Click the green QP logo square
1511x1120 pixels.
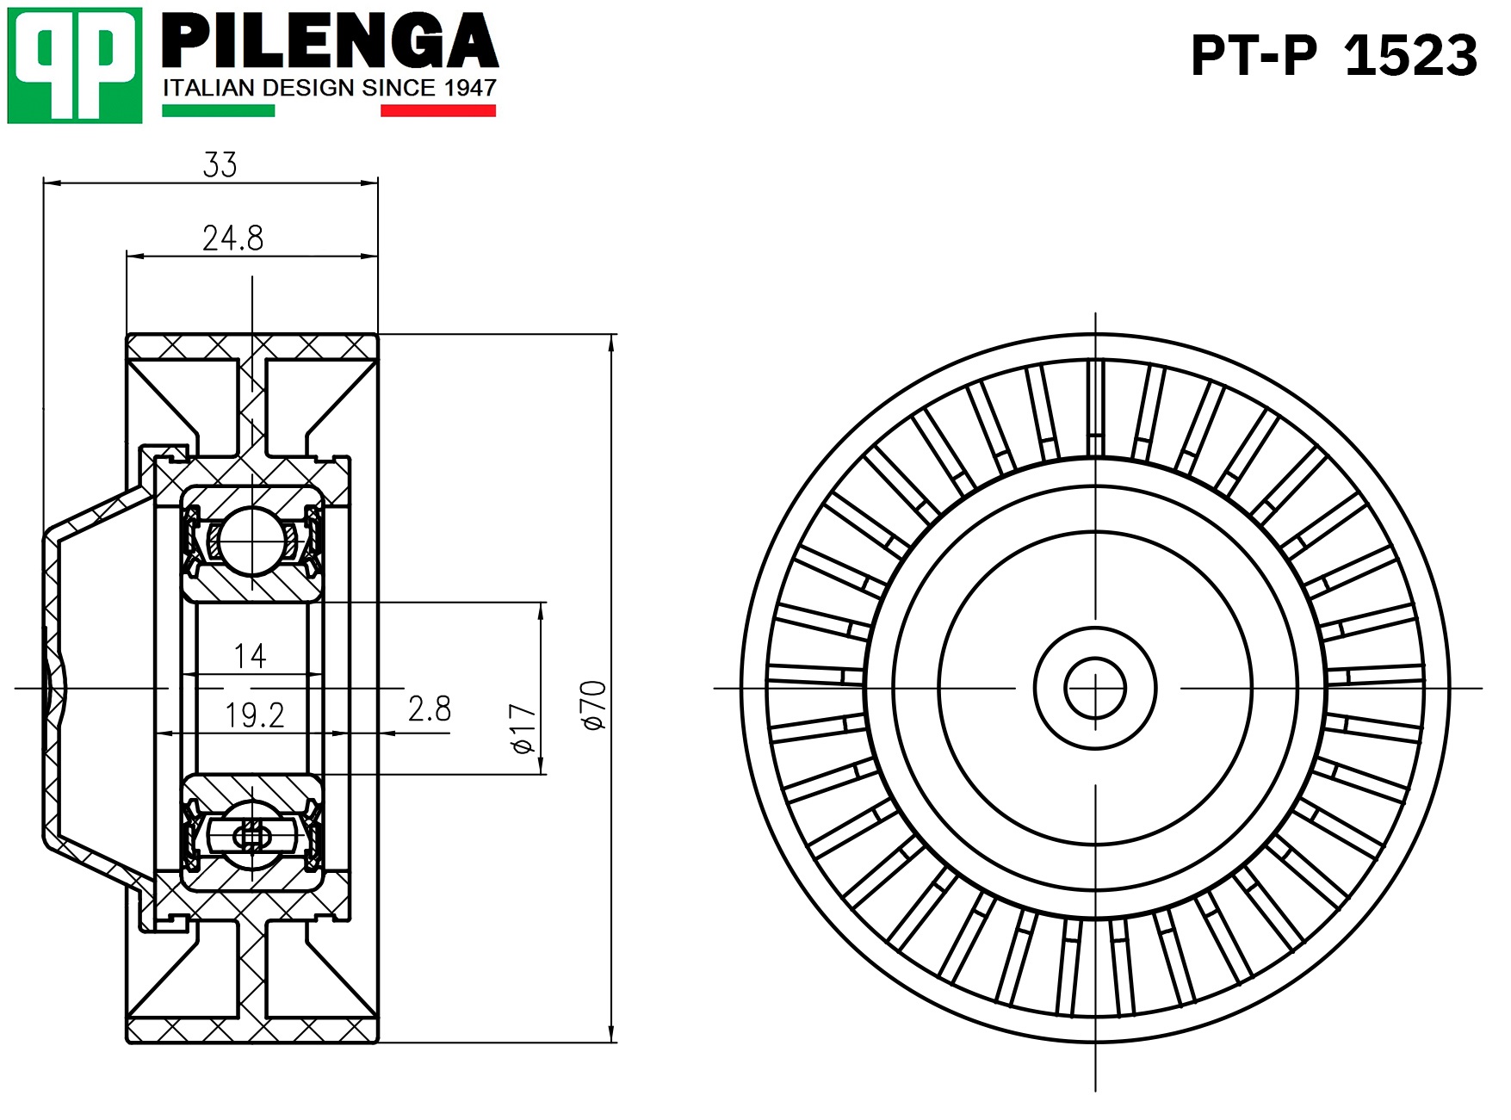point(75,65)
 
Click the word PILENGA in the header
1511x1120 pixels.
point(330,40)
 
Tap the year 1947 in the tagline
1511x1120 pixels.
point(470,88)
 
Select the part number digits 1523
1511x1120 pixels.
point(1411,56)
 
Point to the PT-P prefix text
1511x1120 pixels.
point(1254,56)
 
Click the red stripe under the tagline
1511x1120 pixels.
point(438,110)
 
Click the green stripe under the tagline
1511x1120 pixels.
point(219,110)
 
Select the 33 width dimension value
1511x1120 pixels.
point(220,164)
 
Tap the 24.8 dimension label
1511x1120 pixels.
point(232,238)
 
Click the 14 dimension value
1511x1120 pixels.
point(251,657)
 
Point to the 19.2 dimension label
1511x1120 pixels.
point(255,715)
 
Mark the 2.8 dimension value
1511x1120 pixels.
point(430,709)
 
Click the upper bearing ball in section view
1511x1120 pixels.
point(251,541)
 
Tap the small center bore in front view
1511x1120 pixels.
point(1095,689)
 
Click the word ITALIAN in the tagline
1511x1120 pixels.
point(210,88)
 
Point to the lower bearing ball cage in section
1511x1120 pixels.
point(251,835)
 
